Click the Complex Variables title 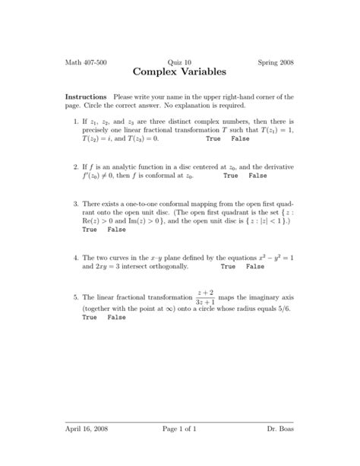(179, 73)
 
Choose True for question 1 (213, 140)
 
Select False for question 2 (257, 176)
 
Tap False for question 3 (116, 230)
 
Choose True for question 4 (228, 268)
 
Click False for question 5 (116, 317)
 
